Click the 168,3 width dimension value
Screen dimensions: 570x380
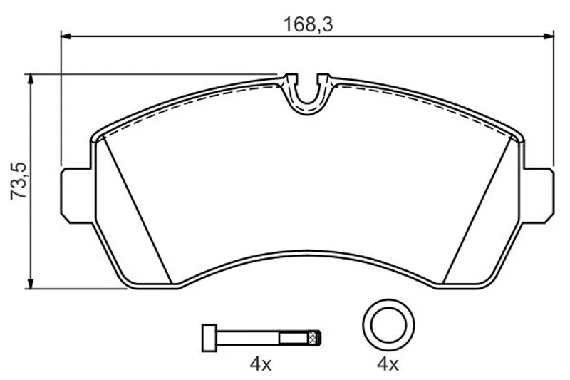(x=308, y=25)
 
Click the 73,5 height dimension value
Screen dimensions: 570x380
(x=19, y=180)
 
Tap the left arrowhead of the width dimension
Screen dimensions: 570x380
(x=66, y=36)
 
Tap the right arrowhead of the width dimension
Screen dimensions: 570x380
(x=549, y=36)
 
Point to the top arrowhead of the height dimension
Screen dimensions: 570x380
(x=31, y=79)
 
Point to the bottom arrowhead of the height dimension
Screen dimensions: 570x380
(x=31, y=284)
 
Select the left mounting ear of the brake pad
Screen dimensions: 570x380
(x=76, y=195)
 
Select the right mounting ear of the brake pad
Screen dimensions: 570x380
(x=539, y=195)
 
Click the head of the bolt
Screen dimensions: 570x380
(x=209, y=338)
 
